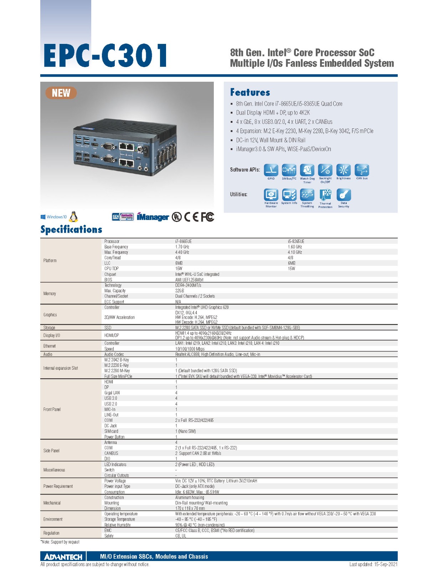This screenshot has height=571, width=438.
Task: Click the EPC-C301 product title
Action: pos(105,56)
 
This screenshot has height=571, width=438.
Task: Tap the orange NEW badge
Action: pos(61,93)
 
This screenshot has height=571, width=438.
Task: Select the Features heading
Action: pos(250,92)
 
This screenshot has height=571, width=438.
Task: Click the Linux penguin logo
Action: pos(73,217)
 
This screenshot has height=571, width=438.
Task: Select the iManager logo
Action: pos(153,217)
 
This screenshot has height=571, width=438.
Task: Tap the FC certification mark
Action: pos(207,217)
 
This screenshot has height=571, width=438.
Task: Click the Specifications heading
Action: pos(71,229)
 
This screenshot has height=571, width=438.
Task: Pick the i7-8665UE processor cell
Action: pos(184,242)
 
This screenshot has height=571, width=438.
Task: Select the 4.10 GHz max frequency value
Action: pos(295,252)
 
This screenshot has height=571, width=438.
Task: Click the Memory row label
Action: pos(50,294)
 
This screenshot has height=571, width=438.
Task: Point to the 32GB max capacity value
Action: pos(180,291)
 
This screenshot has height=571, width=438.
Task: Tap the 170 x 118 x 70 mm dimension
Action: pos(190,509)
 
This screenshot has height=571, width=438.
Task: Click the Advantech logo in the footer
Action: pos(63,557)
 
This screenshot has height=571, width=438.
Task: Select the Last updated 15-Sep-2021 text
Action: pos(373,565)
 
